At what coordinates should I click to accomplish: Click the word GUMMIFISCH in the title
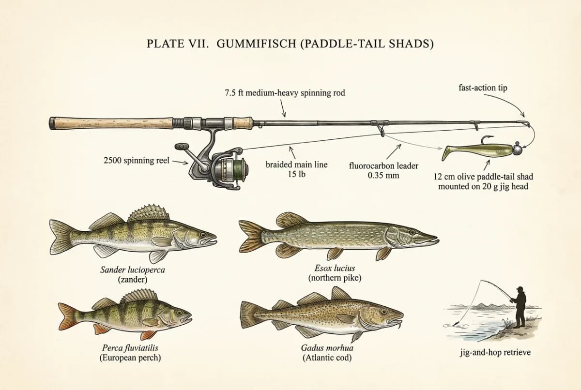(256, 44)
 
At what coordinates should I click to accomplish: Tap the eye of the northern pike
(412, 231)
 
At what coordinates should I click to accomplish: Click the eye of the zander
(203, 235)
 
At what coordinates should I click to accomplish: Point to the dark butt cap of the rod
(52, 123)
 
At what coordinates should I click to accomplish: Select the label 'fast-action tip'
(483, 88)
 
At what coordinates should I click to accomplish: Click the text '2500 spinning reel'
(137, 161)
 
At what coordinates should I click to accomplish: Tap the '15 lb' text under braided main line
(296, 174)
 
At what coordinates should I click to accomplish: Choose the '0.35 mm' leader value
(383, 175)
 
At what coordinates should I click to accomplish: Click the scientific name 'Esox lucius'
(335, 268)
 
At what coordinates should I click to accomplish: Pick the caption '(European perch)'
(130, 358)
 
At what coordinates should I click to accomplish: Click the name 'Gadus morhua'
(327, 347)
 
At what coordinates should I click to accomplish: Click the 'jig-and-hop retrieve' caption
(495, 352)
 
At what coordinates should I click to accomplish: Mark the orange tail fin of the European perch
(68, 316)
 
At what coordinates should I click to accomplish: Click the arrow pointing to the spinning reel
(180, 162)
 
